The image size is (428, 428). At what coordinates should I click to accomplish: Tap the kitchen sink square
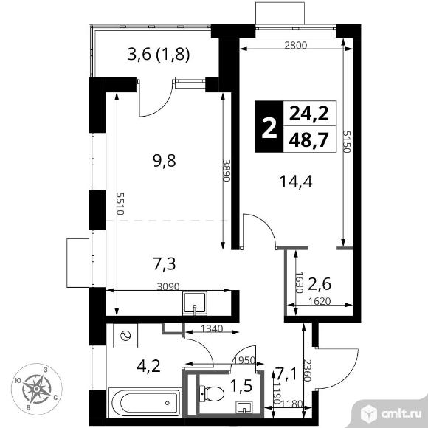pyautogui.click(x=197, y=303)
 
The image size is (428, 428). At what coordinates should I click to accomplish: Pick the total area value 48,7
pyautogui.click(x=308, y=139)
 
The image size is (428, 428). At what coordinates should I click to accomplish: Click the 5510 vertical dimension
pyautogui.click(x=119, y=203)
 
